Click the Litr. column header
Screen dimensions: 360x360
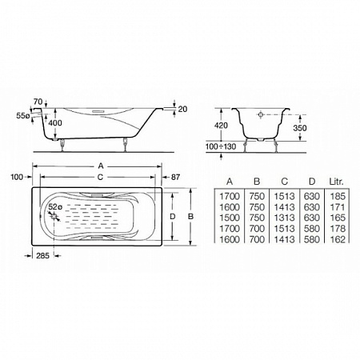tap(337, 182)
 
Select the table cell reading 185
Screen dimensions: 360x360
tap(338, 196)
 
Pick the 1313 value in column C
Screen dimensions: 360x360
tap(284, 218)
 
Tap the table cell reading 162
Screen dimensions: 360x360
tap(338, 239)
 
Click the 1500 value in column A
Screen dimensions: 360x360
tap(230, 218)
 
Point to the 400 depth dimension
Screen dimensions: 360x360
tap(55, 123)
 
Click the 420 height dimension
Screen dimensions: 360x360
tap(221, 125)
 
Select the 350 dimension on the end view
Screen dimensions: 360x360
tap(300, 128)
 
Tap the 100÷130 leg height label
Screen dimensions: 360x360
tap(221, 146)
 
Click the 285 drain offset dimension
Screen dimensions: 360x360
tap(42, 256)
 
